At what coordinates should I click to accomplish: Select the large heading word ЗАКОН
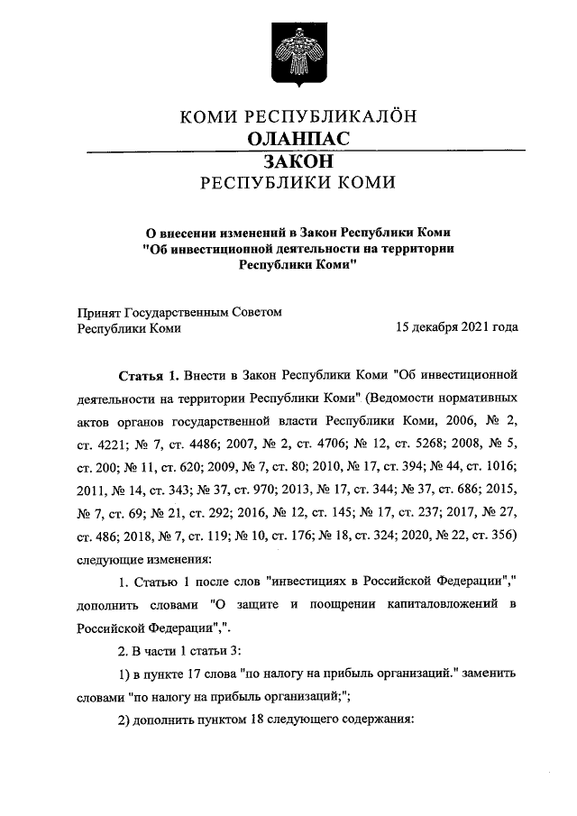pyautogui.click(x=298, y=160)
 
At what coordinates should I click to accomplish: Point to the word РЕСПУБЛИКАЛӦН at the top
pyautogui.click(x=332, y=117)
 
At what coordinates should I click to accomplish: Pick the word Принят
pyautogui.click(x=98, y=312)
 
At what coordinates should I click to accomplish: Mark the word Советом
pyautogui.click(x=258, y=312)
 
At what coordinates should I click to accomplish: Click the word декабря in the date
pyautogui.click(x=440, y=328)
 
